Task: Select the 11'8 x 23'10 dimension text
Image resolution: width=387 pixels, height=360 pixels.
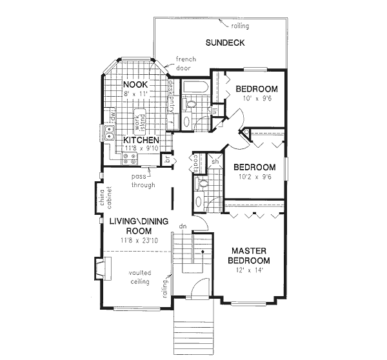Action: point(138,240)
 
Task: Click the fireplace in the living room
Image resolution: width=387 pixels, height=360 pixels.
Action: point(102,267)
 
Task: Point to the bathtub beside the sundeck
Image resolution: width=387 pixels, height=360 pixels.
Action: point(193,88)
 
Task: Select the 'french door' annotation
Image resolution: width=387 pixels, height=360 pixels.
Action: point(186,63)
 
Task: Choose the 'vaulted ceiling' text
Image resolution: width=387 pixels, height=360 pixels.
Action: point(139,277)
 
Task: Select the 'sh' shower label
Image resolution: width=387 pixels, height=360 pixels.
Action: point(213,162)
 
